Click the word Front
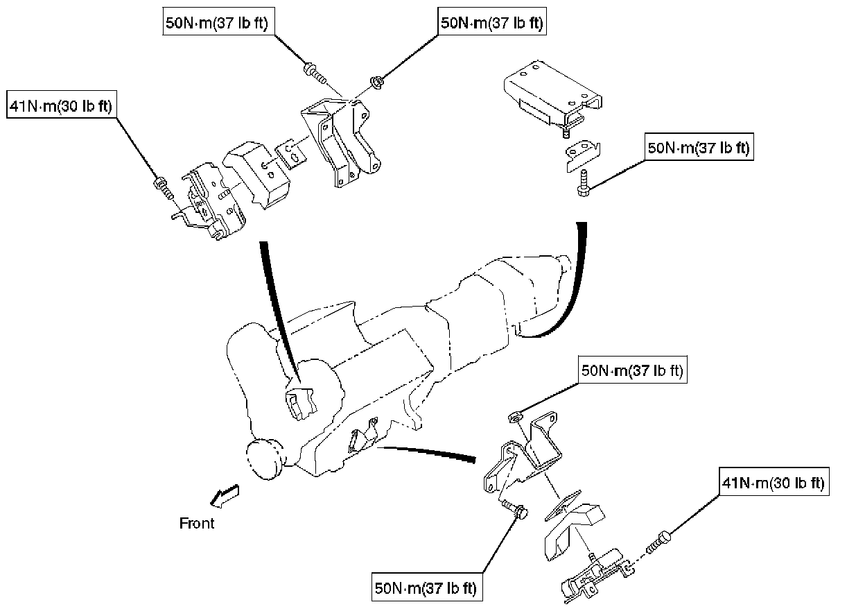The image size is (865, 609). pos(197,523)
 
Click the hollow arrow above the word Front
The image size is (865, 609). pos(225,495)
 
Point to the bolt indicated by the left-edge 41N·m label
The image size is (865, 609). pos(161,185)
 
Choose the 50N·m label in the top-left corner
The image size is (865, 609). pos(216,22)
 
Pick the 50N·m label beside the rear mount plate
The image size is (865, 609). pos(699,148)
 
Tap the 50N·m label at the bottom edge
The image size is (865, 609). pos(426,589)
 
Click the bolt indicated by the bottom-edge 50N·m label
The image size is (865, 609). pos(517,511)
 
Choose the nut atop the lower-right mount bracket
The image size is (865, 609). pos(515,417)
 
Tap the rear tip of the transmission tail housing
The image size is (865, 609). pos(566,264)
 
